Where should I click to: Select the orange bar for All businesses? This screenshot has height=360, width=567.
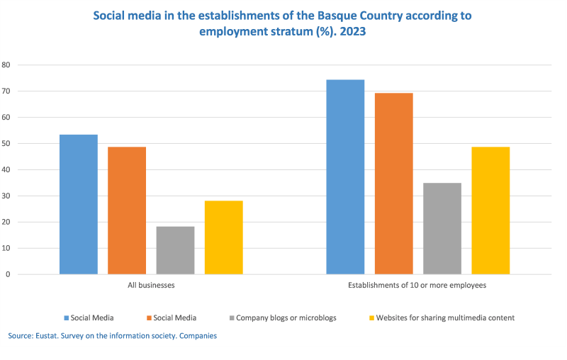click(x=127, y=210)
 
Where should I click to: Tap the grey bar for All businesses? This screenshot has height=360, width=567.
click(x=175, y=250)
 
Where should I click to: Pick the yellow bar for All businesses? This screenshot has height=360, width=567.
click(x=223, y=237)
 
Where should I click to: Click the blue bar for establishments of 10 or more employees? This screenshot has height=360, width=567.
click(x=345, y=177)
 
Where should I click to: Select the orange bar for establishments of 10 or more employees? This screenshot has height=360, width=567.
click(x=393, y=184)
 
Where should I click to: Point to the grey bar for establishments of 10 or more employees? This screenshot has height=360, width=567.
click(x=442, y=228)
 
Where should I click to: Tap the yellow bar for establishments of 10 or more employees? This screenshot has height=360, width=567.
click(x=490, y=210)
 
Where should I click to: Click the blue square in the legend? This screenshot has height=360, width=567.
click(x=66, y=318)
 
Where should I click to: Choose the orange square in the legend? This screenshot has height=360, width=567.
click(x=149, y=318)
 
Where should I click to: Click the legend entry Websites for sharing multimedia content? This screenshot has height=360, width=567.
click(x=445, y=318)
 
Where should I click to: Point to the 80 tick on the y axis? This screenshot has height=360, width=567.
click(x=6, y=64)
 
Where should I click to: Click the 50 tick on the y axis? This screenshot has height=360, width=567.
click(x=6, y=144)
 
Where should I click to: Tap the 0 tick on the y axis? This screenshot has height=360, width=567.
click(x=8, y=274)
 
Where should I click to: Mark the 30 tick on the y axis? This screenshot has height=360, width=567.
click(x=6, y=196)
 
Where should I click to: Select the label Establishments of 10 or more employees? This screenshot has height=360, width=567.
click(x=417, y=286)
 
